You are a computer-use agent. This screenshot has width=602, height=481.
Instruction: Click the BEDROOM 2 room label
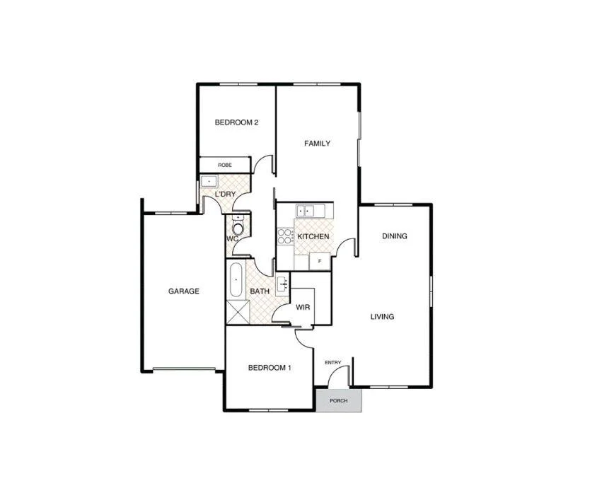tap(236, 122)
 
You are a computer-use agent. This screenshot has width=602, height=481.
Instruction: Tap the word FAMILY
tap(317, 144)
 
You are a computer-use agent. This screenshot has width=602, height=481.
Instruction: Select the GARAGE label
tap(183, 291)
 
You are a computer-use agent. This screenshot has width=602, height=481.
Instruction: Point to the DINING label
tap(394, 236)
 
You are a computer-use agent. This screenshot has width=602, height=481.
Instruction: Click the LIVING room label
tap(382, 316)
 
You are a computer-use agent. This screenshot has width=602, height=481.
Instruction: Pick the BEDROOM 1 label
tap(270, 368)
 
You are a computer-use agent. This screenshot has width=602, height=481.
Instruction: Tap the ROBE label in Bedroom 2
tap(224, 165)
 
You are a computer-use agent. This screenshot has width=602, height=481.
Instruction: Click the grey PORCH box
tap(339, 400)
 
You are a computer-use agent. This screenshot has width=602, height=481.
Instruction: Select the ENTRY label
tap(332, 363)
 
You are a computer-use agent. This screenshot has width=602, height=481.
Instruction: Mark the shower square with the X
tap(237, 312)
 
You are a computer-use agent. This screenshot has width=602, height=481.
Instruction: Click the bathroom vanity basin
tap(282, 285)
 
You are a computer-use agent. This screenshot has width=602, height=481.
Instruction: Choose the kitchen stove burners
tap(285, 236)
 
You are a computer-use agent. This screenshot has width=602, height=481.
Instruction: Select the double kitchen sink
tap(306, 210)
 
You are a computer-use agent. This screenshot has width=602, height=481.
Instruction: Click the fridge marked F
tap(320, 261)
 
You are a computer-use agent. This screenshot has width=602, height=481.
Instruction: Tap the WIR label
tap(303, 308)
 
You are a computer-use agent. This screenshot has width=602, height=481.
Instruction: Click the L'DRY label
tap(226, 194)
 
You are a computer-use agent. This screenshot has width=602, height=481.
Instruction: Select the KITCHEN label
tap(311, 236)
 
